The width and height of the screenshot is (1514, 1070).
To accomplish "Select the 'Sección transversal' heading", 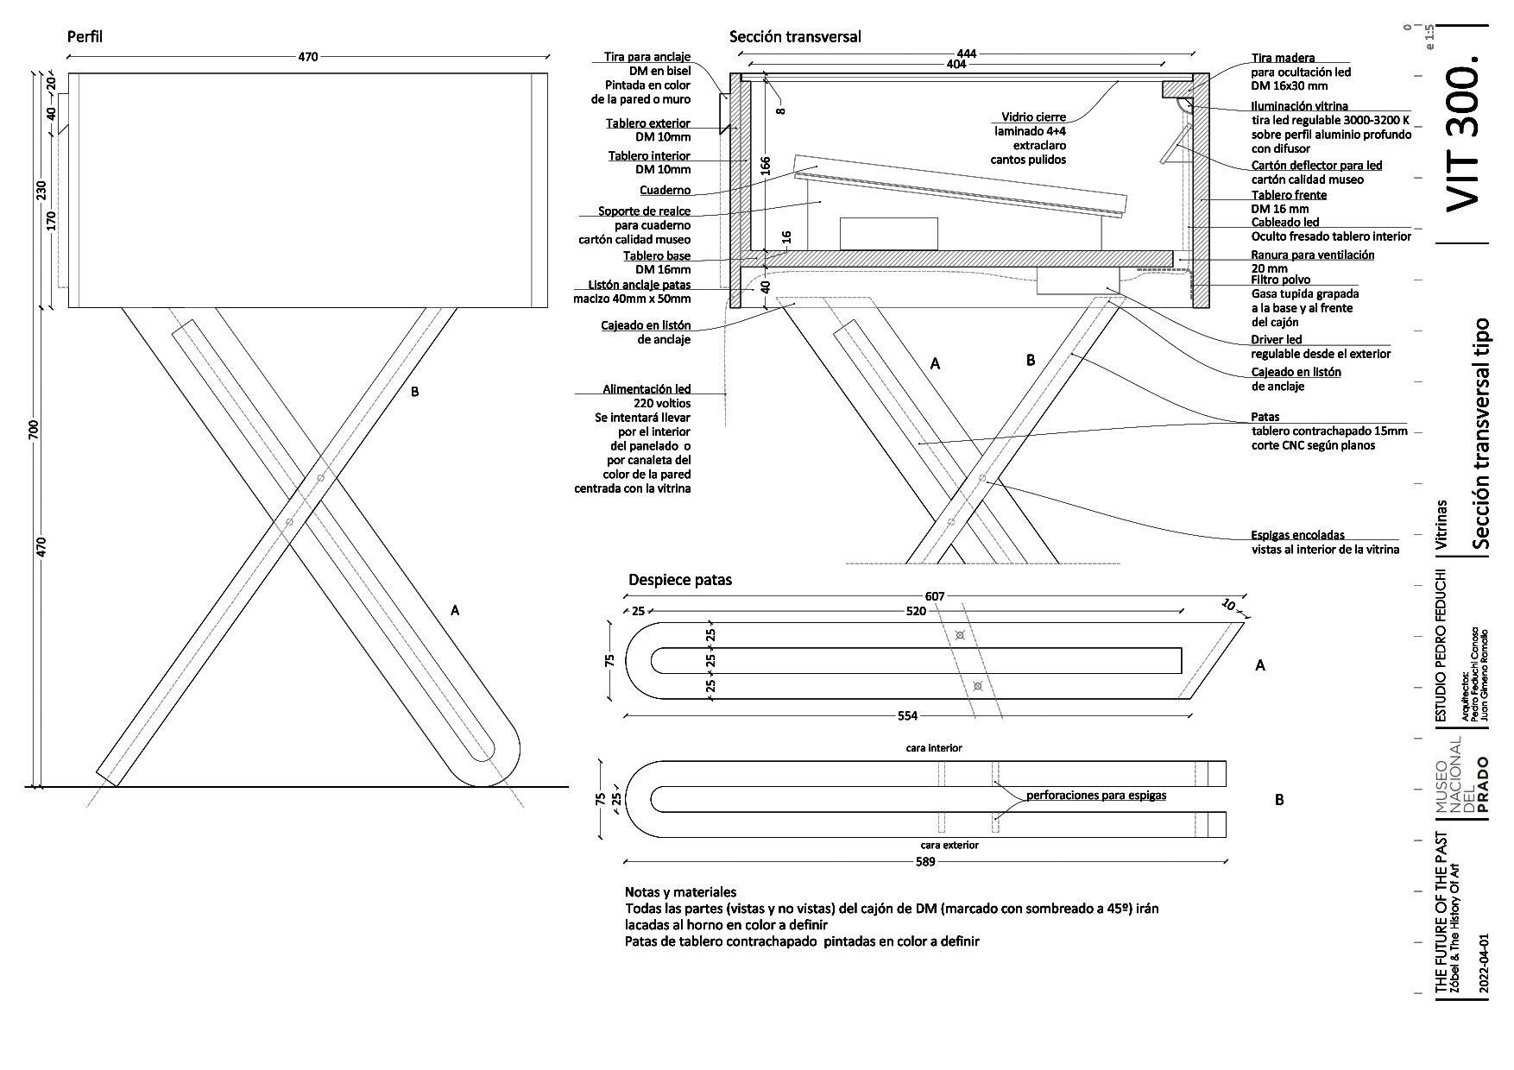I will [795, 37].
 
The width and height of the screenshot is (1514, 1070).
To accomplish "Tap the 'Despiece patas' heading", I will [680, 580].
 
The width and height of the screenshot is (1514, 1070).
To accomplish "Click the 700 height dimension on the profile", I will [34, 429].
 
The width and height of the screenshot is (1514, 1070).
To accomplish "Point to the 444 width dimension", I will [967, 53].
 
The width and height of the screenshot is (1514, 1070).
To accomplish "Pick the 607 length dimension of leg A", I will [934, 596].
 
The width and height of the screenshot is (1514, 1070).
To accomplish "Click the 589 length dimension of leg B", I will [925, 862].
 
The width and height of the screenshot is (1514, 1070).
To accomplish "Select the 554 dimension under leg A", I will [907, 715].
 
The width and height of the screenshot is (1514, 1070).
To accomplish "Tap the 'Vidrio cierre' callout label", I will [1033, 117].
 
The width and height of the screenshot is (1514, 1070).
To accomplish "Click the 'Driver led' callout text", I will [1277, 340].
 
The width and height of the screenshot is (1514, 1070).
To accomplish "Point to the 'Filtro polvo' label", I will [1281, 280].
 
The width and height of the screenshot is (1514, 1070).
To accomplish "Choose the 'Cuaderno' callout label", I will [665, 191].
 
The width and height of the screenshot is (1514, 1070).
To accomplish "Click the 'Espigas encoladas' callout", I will [1297, 535].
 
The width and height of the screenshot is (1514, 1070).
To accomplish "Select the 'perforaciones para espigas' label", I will [1096, 796].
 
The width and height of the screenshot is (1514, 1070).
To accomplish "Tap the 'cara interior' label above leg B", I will [934, 748].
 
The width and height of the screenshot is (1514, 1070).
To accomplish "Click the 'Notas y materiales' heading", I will [680, 892].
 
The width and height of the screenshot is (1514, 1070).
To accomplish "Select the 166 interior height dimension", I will [766, 166].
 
